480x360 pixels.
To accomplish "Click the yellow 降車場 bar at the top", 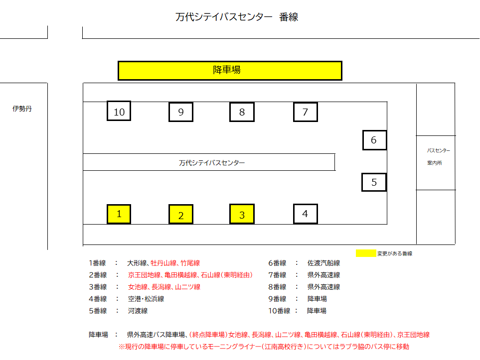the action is (230, 70).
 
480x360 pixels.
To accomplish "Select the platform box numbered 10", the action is (119, 111).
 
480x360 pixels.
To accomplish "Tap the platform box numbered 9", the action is (181, 112).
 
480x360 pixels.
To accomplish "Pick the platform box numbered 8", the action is (242, 112).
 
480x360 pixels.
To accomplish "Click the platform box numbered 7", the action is (306, 112).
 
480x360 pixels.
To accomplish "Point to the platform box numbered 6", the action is (375, 140).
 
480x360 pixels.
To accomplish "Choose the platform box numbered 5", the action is (374, 182).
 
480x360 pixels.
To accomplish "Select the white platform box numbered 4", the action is (306, 214).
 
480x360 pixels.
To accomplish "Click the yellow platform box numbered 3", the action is (242, 214).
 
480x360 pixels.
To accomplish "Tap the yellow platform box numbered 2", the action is (181, 214).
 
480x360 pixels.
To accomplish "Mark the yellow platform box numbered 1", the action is (119, 214).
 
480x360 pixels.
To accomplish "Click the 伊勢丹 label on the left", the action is (22, 109).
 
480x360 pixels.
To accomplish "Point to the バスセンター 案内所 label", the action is (438, 157).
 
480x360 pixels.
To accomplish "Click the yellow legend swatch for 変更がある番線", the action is (366, 253).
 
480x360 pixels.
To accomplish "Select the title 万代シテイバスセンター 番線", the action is (237, 17).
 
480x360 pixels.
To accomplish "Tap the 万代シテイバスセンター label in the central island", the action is (212, 163).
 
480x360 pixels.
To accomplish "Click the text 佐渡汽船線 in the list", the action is (323, 263).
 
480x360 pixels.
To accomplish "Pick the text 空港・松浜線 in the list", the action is (146, 299).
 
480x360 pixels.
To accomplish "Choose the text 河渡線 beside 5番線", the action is (138, 311).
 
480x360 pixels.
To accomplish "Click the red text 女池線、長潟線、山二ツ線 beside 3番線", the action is (164, 287).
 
